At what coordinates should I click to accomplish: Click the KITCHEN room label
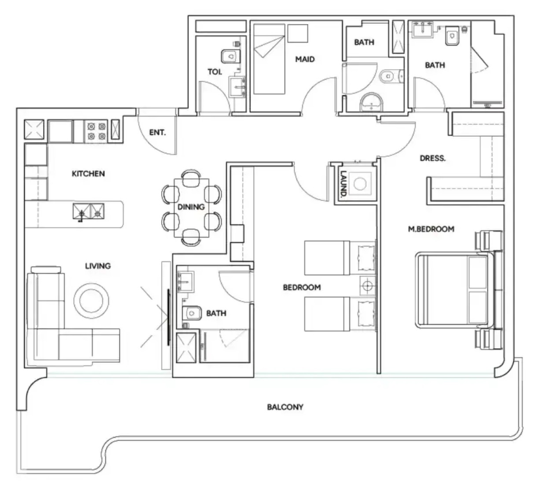[88, 174]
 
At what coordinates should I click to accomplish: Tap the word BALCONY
[285, 407]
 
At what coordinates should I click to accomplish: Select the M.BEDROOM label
[431, 229]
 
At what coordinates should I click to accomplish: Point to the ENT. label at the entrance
[158, 132]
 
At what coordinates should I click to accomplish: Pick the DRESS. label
[432, 158]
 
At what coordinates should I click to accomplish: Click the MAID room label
[305, 59]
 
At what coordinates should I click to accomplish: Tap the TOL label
[215, 72]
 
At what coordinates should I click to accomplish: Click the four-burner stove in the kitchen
[96, 131]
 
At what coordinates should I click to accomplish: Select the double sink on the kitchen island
[89, 211]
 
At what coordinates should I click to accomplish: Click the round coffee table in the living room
[91, 301]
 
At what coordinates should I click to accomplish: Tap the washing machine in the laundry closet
[360, 184]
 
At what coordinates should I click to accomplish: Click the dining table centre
[191, 208]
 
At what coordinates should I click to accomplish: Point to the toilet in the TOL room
[230, 56]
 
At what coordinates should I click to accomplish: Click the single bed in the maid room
[269, 59]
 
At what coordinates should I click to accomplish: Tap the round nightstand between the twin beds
[367, 286]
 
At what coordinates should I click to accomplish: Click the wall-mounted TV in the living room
[169, 317]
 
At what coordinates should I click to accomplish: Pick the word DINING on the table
[191, 207]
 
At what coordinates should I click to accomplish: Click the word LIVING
[98, 266]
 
